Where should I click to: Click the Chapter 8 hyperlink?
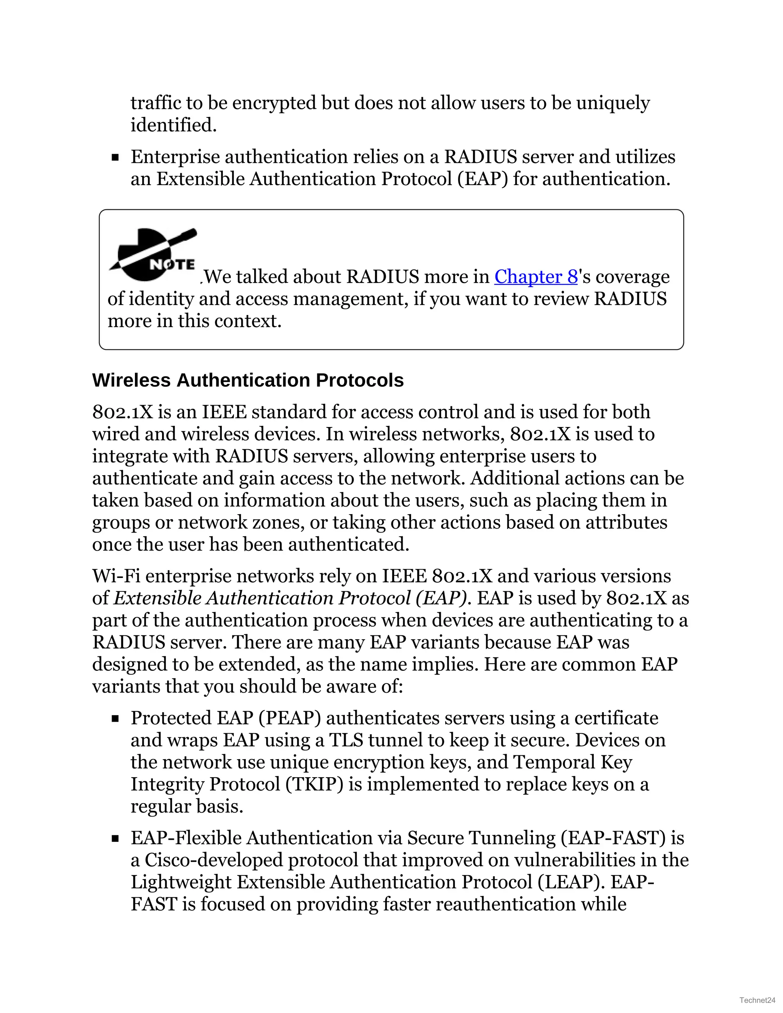[535, 277]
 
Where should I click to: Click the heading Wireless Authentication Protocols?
[248, 380]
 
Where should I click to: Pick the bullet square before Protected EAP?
[115, 719]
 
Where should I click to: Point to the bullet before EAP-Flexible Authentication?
[115, 839]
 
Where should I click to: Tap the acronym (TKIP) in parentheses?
[314, 784]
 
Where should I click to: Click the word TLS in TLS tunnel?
[346, 740]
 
